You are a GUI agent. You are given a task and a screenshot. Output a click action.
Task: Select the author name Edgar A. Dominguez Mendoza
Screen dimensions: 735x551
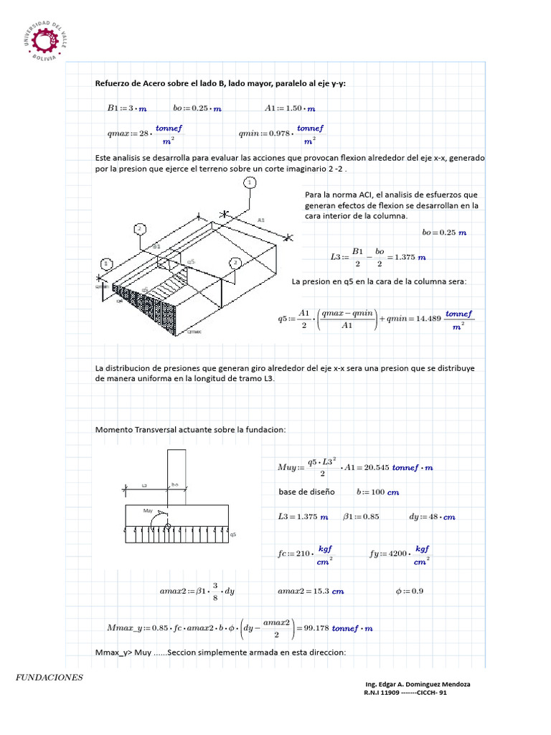[418, 684]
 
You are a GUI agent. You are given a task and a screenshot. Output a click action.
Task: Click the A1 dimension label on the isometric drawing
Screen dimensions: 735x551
[261, 220]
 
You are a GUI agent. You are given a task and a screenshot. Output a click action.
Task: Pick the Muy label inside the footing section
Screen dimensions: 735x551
[149, 511]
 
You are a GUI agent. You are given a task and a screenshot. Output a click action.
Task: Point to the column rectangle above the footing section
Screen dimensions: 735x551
[176, 474]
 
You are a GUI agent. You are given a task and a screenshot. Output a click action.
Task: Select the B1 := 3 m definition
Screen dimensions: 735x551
[126, 108]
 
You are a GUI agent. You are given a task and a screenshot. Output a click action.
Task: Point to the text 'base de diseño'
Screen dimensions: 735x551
[306, 492]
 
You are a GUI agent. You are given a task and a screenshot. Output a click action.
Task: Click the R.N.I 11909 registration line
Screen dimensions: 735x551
[406, 693]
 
